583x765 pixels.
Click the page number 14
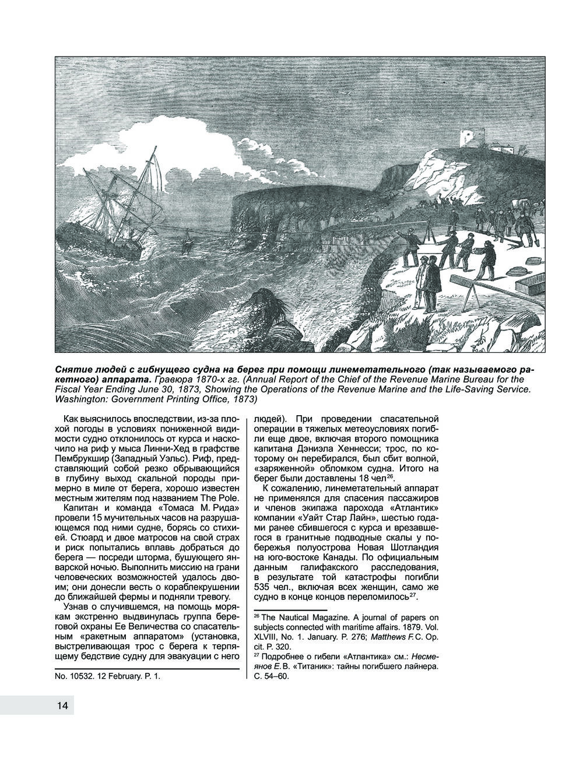62,706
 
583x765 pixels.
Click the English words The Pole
220,497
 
